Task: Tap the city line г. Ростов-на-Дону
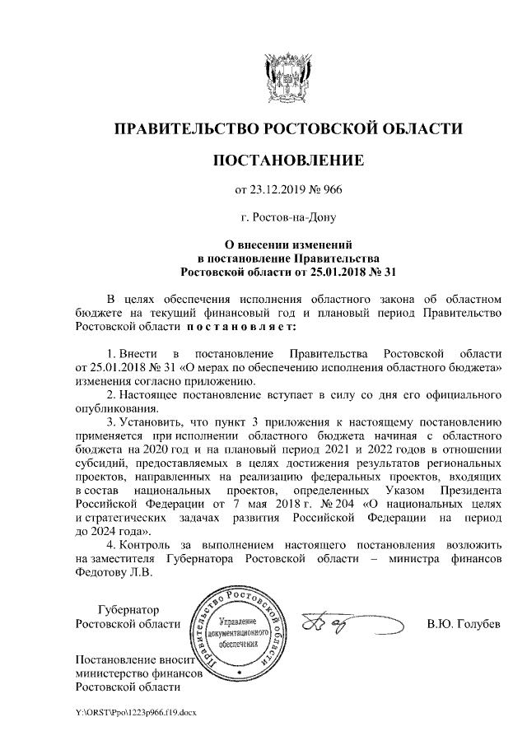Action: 288,219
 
